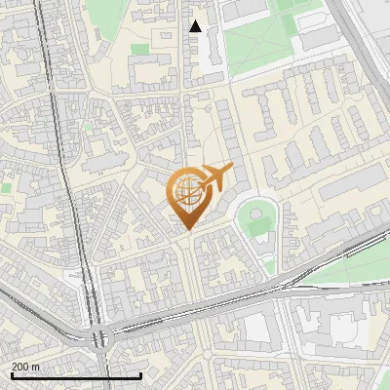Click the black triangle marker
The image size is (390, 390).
(196, 26)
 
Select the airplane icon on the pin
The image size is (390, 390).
(215, 178)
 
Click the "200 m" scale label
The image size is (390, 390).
(25, 367)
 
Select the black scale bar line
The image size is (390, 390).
(76, 375)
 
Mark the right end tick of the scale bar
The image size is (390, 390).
(141, 374)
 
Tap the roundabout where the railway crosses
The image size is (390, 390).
(98, 337)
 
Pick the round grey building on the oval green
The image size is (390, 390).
(256, 211)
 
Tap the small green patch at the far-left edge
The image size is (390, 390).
(5, 185)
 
